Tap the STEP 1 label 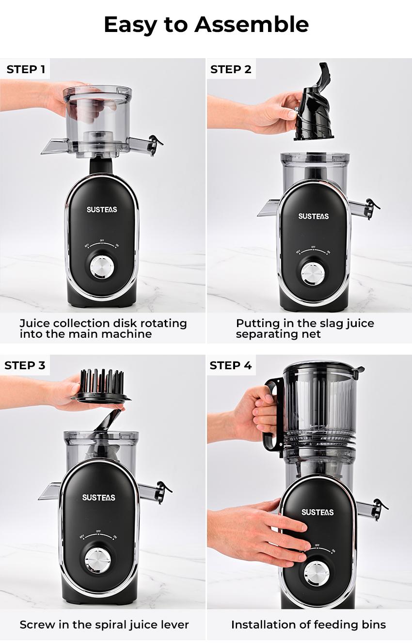[x=26, y=69]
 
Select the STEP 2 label [x=231, y=69]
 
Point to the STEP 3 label [x=25, y=365]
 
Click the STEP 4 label [x=231, y=365]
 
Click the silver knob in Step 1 [x=102, y=267]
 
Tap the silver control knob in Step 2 [x=312, y=272]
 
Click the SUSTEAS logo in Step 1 [x=102, y=210]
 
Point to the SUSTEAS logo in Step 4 [x=317, y=512]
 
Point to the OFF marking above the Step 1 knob [x=102, y=240]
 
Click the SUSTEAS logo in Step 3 [x=99, y=498]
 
